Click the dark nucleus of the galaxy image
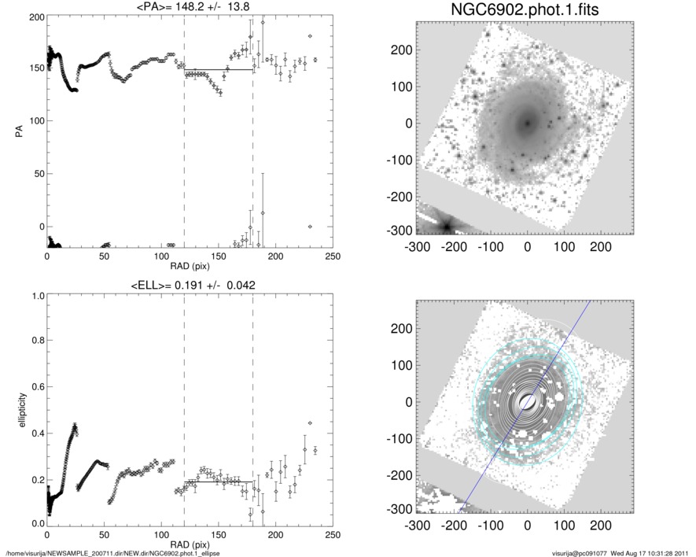(x=527, y=123)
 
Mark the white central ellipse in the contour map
(x=528, y=401)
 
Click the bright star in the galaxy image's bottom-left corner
(x=447, y=226)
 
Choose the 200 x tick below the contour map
(x=601, y=525)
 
